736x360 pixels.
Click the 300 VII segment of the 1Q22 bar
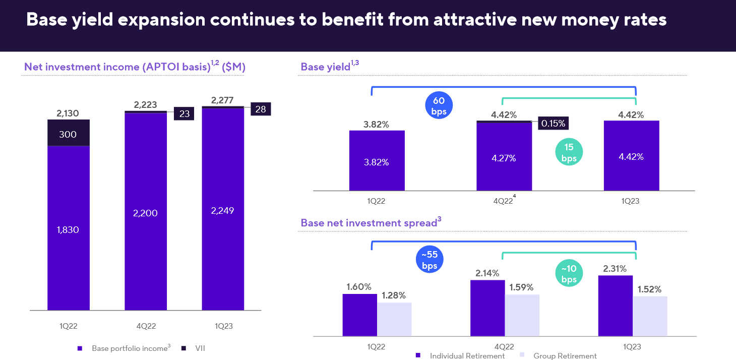(x=69, y=134)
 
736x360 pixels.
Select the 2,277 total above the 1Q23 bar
(x=222, y=100)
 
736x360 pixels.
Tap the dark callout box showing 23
(x=185, y=113)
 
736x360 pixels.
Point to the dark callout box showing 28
(x=261, y=109)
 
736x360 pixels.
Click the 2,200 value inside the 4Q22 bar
(x=145, y=213)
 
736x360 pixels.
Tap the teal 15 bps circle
(x=569, y=152)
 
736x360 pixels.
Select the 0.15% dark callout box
(x=553, y=123)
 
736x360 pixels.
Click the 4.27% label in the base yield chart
(x=504, y=158)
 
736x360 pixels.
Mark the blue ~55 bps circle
(x=430, y=260)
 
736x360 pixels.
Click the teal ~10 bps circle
(x=569, y=274)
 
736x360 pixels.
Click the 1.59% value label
(x=522, y=288)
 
